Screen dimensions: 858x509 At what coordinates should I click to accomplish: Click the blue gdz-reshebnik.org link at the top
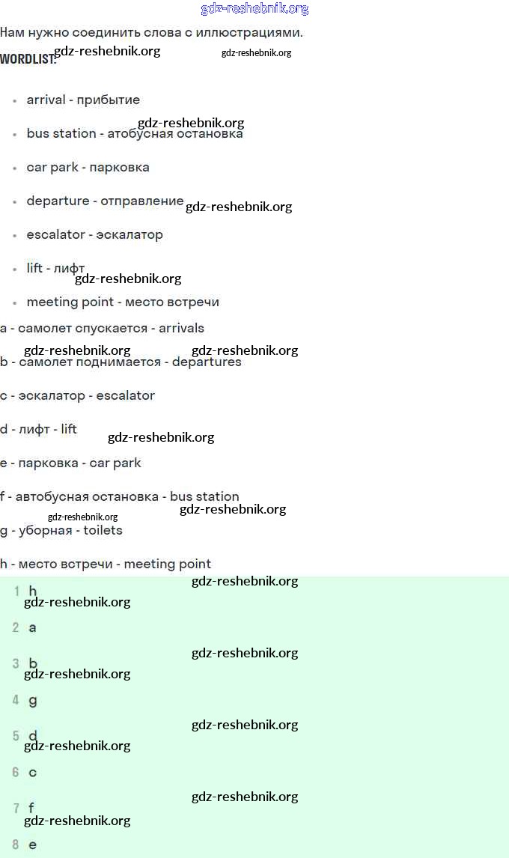point(254,9)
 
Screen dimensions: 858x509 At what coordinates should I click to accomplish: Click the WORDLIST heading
point(27,59)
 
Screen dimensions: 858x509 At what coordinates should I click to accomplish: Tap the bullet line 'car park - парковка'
point(88,167)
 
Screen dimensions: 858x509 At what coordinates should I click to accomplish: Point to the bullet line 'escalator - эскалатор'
point(94,234)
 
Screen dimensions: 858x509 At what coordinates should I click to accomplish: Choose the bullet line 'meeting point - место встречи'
point(123,302)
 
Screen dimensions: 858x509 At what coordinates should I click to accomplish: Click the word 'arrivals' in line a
point(181,328)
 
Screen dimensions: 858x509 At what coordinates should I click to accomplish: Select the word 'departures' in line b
point(207,362)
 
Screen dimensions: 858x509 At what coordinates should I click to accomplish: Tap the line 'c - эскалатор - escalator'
point(78,395)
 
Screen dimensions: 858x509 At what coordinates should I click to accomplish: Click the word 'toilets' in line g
point(103,530)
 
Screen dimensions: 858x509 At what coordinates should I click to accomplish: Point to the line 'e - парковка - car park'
point(70,463)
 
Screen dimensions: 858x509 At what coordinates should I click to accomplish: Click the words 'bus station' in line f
point(204,496)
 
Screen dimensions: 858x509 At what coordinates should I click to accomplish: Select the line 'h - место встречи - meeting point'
point(106,564)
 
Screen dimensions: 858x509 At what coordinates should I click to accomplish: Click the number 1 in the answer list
point(16,591)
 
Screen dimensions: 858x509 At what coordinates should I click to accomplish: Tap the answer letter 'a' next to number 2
point(32,627)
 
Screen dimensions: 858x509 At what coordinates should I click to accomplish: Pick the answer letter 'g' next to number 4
point(32,701)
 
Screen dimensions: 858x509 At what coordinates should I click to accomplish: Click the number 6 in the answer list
point(16,772)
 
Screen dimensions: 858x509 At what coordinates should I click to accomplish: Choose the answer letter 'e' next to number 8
point(32,845)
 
